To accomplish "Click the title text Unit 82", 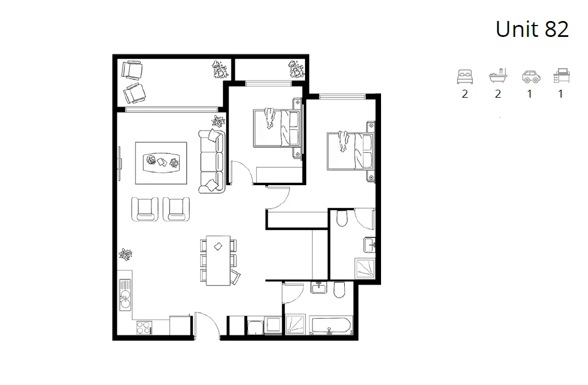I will coord(532,29).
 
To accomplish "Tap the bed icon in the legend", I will coord(465,77).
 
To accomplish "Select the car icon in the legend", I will coord(530,77).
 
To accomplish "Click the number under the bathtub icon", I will coord(498,94).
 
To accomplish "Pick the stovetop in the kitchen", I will coord(143,328).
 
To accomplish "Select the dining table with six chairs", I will coord(218,261).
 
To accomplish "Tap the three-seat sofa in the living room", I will coord(211,160).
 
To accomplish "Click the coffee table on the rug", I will coord(161,162).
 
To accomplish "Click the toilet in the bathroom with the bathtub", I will coord(340,291).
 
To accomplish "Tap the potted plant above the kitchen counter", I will coord(125,256).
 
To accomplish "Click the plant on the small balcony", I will coord(296,70).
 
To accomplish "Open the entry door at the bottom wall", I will coord(207,326).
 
